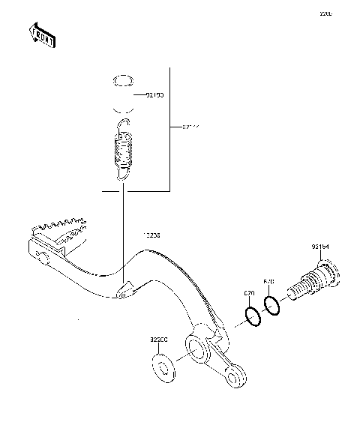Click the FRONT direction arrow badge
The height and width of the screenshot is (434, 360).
pyautogui.click(x=41, y=35)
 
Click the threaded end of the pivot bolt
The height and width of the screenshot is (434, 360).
pyautogui.click(x=303, y=289)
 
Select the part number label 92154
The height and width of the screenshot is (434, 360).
pyautogui.click(x=320, y=245)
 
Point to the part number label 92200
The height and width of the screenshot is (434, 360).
pyautogui.click(x=157, y=340)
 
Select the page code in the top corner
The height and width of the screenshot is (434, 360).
pyautogui.click(x=325, y=14)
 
